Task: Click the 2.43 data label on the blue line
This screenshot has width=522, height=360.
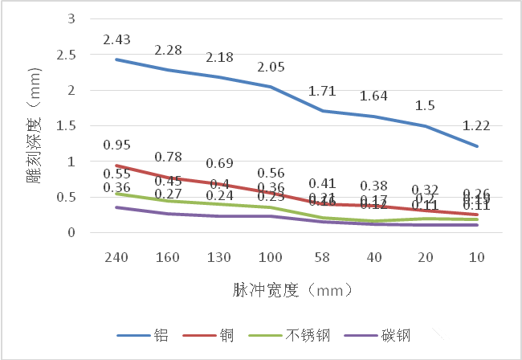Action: [x=116, y=39]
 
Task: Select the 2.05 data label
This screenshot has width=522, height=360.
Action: [x=272, y=67]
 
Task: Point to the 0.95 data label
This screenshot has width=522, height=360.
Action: [x=116, y=145]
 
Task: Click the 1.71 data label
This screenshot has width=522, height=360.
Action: [x=324, y=91]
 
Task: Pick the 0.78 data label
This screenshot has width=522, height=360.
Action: [x=169, y=157]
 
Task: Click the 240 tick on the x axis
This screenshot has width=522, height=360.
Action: [x=116, y=257]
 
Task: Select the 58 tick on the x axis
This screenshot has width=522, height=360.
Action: [x=324, y=257]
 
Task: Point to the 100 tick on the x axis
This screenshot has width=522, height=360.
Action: [x=272, y=257]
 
